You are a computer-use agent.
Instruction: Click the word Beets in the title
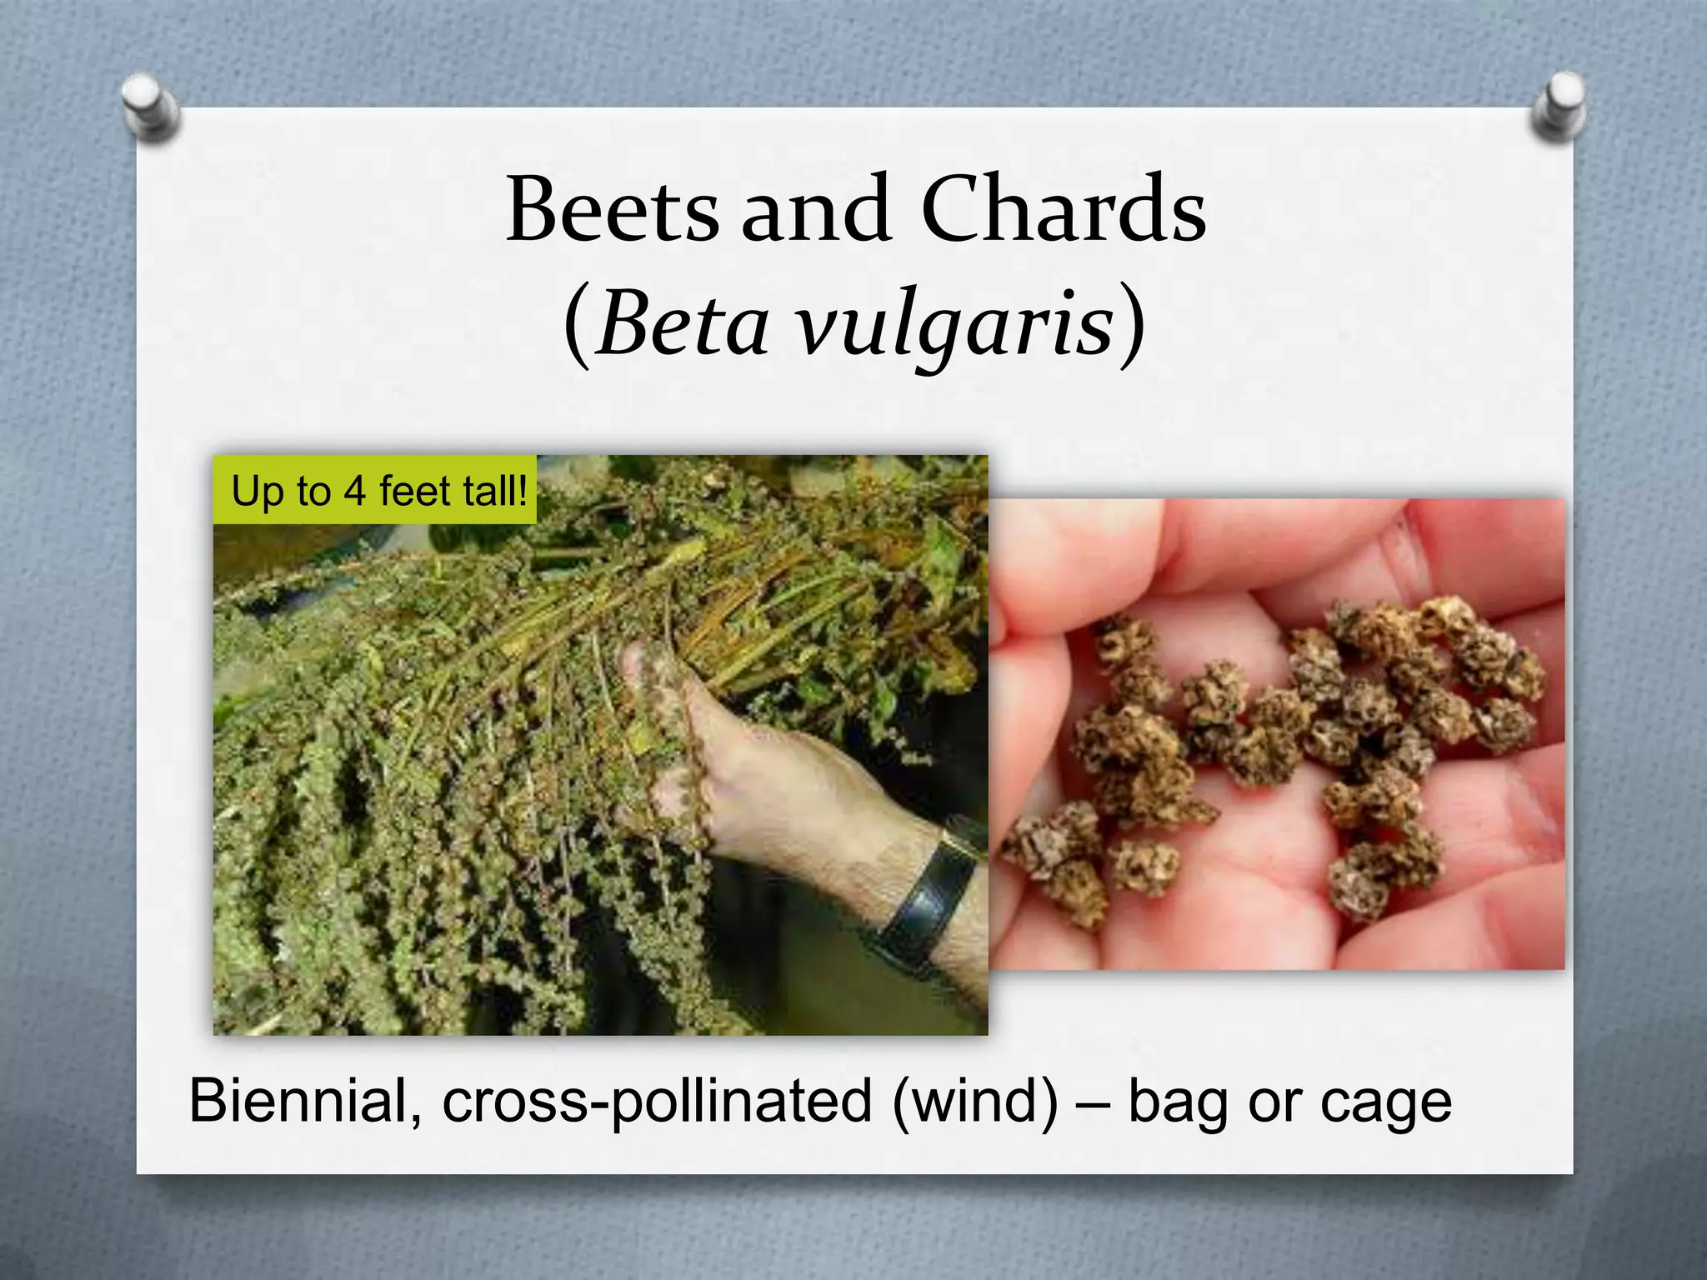pyautogui.click(x=612, y=210)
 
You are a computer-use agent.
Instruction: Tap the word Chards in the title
pyautogui.click(x=1064, y=210)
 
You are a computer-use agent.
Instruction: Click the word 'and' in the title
pyautogui.click(x=816, y=210)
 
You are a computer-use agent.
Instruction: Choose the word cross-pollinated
pyautogui.click(x=657, y=1102)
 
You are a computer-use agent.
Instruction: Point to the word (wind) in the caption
pyautogui.click(x=975, y=1102)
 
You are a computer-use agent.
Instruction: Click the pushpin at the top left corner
pyautogui.click(x=149, y=107)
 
